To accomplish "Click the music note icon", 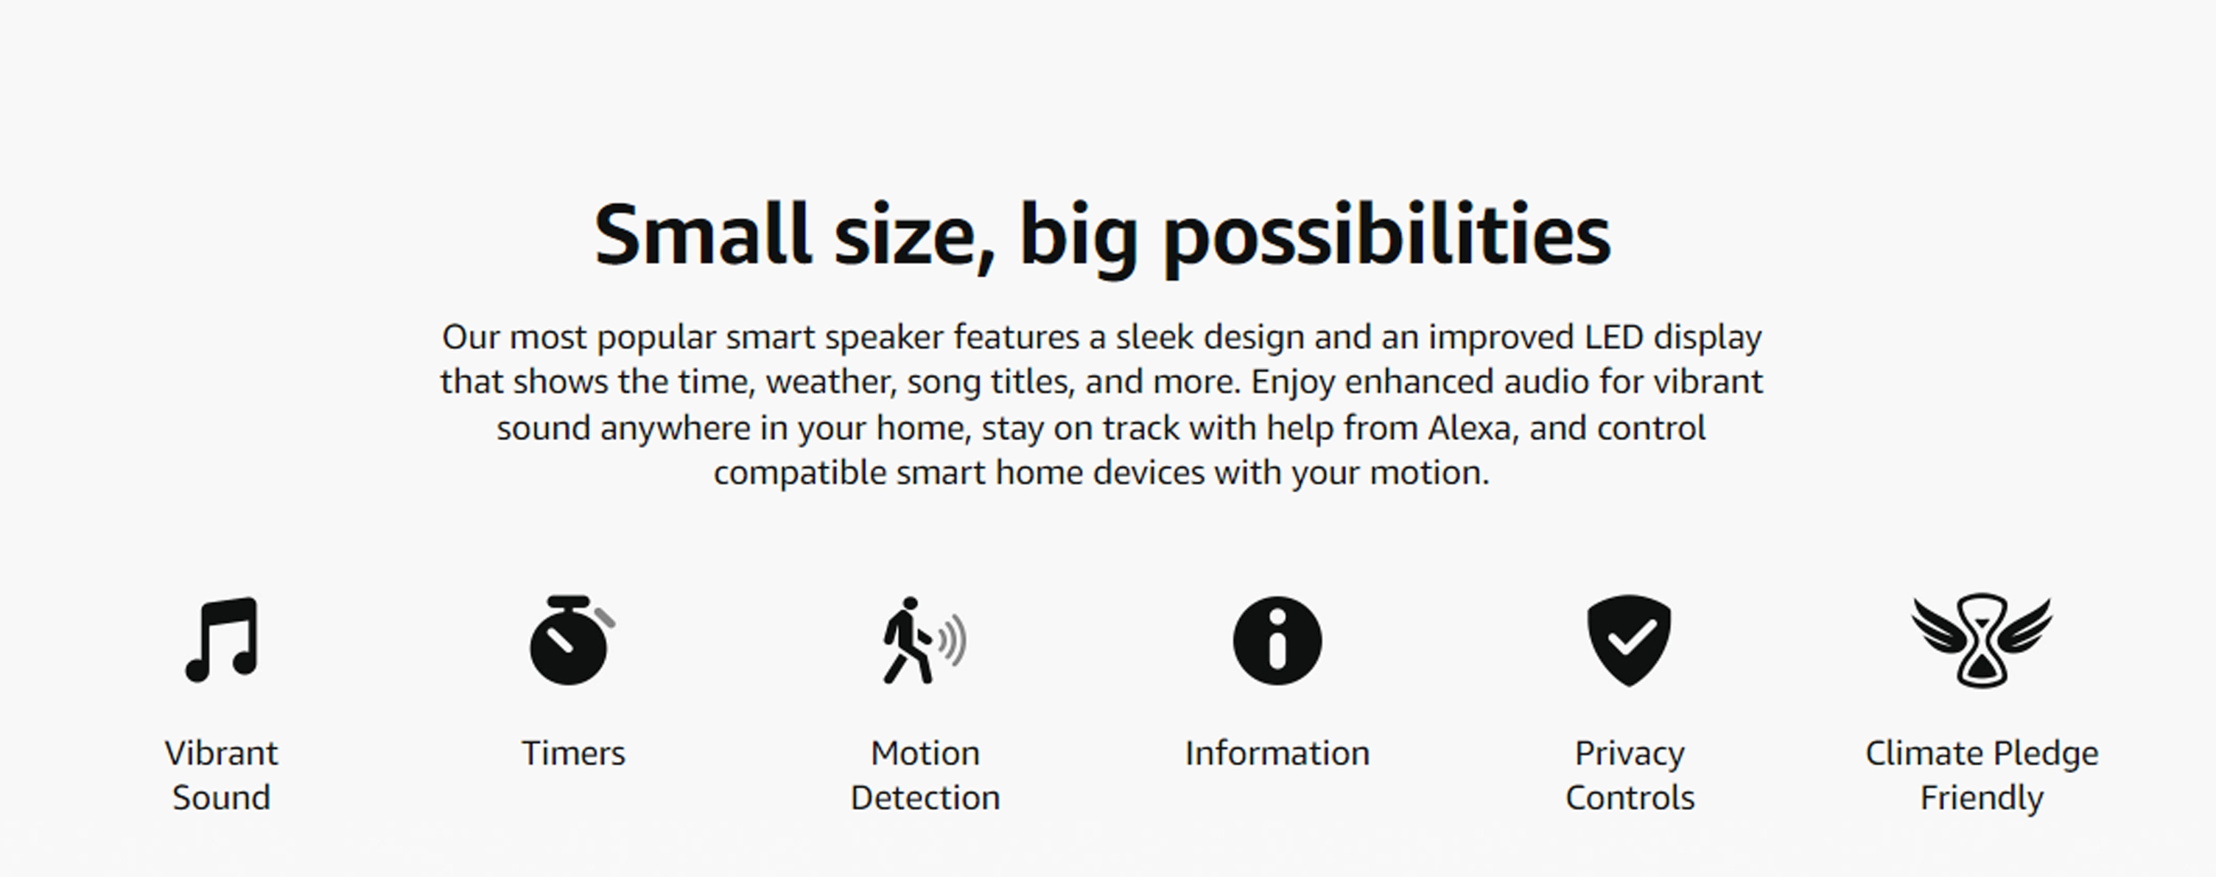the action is tap(222, 640).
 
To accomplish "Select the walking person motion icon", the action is tap(924, 640).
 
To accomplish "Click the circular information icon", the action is tap(1277, 640).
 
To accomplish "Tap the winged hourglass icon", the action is tap(1981, 640).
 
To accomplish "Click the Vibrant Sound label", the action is tap(221, 775).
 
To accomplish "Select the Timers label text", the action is tap(573, 753).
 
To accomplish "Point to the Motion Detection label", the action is tap(925, 775).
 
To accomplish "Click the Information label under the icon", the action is tap(1277, 753).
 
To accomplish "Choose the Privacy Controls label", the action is tap(1630, 775).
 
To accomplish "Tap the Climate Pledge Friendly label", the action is tap(1981, 775).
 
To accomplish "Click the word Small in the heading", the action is tap(702, 234).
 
